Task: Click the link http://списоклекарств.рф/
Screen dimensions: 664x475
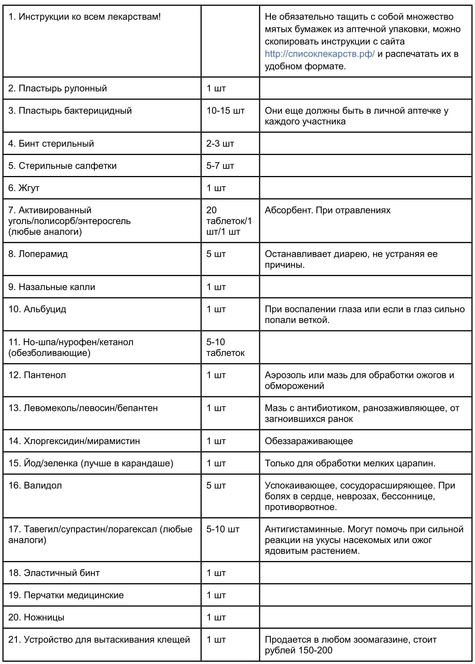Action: coord(319,54)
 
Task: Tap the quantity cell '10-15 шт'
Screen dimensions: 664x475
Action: coord(225,111)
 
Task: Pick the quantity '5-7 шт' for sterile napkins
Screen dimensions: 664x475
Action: coord(220,166)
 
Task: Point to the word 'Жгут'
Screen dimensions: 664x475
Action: coord(29,188)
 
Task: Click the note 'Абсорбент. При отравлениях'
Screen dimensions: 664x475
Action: coord(327,210)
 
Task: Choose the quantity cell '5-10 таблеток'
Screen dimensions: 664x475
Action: coord(225,347)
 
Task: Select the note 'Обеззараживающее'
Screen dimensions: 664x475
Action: coord(309,441)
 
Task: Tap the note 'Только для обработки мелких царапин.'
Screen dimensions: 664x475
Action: coord(350,463)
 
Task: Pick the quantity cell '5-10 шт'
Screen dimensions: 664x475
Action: coord(223,529)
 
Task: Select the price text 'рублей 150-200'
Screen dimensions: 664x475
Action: coord(299,651)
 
